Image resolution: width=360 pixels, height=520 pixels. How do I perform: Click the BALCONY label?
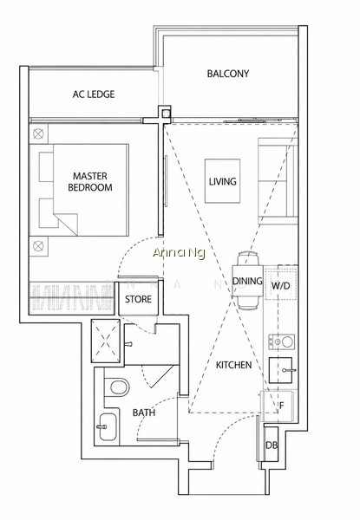[227, 74]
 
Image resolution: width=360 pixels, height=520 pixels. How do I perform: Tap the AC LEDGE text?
[94, 94]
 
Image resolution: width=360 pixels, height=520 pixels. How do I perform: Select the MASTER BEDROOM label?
[90, 182]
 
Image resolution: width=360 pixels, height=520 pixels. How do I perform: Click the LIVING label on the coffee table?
[222, 181]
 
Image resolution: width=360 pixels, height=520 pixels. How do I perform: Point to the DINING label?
[247, 281]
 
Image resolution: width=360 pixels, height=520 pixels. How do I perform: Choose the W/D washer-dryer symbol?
[281, 285]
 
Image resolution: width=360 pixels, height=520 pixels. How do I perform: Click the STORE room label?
[138, 299]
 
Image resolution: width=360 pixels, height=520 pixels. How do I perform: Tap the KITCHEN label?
[233, 365]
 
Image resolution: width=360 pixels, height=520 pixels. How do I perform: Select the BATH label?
[144, 413]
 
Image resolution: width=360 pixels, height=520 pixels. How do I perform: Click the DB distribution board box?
[271, 445]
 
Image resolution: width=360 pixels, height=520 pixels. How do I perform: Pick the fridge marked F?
[278, 406]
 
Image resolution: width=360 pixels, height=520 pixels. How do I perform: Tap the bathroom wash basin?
[107, 426]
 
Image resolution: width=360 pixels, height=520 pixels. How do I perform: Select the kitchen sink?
[281, 370]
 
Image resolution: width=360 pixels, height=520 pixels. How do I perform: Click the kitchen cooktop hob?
[281, 342]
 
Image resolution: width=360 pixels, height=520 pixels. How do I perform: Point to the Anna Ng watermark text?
[179, 253]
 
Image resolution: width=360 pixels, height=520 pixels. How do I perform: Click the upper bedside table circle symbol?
[39, 134]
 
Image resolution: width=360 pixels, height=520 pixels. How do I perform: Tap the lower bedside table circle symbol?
[39, 246]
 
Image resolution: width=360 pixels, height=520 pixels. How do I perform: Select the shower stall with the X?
[106, 341]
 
